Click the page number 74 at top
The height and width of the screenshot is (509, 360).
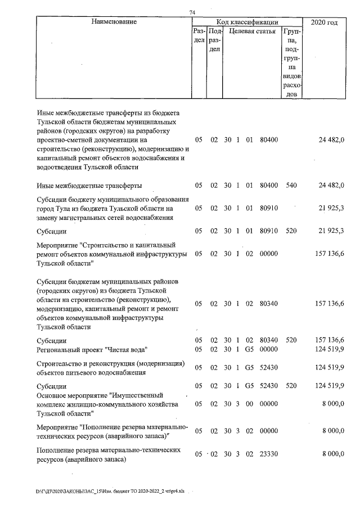tap(192, 12)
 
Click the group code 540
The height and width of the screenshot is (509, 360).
tap(291, 185)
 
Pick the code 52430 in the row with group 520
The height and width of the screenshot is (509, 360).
tap(270, 386)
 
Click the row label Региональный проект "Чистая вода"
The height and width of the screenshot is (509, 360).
tap(92, 350)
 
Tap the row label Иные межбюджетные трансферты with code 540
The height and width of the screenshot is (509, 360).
tap(89, 185)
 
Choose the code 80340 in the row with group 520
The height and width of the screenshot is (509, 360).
tap(270, 340)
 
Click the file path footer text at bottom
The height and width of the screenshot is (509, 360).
tap(112, 491)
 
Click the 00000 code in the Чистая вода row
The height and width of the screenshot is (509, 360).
tap(270, 350)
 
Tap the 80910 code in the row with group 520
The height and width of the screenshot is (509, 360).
tap(270, 231)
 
